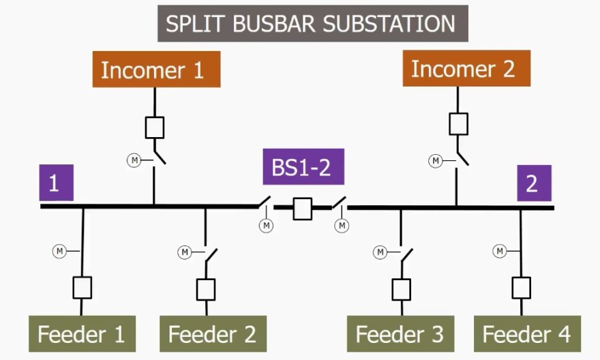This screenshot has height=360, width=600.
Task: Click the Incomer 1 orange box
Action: pyautogui.click(x=152, y=70)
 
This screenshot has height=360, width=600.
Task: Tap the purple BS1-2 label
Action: pyautogui.click(x=303, y=167)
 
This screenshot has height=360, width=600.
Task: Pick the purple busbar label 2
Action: pyautogui.click(x=534, y=183)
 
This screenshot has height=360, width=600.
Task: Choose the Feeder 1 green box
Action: pyautogui.click(x=82, y=334)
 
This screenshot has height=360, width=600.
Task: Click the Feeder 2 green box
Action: pyautogui.click(x=213, y=334)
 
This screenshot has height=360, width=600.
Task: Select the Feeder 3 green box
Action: pyautogui.click(x=400, y=334)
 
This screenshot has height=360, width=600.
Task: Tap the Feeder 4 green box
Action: pyautogui.click(x=527, y=334)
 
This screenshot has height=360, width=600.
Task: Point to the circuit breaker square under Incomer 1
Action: pyautogui.click(x=155, y=127)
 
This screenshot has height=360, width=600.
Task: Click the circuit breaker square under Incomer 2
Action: pyautogui.click(x=458, y=124)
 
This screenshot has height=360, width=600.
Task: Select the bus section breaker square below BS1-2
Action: pyautogui.click(x=303, y=209)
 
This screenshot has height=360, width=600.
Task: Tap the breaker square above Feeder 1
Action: pyautogui.click(x=82, y=288)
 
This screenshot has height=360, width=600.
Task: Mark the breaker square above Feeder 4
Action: pyautogui.click(x=522, y=288)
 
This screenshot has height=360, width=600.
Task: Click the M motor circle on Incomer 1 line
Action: pyautogui.click(x=134, y=160)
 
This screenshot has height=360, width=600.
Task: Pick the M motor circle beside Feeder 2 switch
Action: pyautogui.click(x=184, y=252)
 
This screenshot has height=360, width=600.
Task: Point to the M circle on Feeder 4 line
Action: pyautogui.click(x=500, y=252)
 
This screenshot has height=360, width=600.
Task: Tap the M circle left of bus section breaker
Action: pyautogui.click(x=266, y=225)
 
